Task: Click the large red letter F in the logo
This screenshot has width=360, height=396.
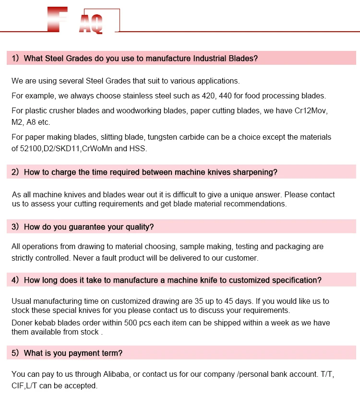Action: coord(58,19)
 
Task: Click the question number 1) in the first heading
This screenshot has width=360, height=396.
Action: coord(15,59)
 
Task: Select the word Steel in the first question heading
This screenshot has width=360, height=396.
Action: coord(54,59)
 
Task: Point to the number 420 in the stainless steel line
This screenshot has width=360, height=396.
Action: coord(208,96)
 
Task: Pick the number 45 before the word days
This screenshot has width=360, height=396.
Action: coord(228,301)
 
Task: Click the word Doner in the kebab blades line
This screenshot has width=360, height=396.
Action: coord(22,323)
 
